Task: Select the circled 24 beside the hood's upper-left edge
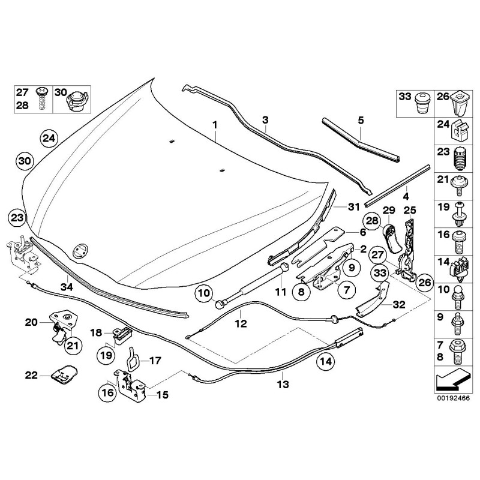pyautogui.click(x=49, y=139)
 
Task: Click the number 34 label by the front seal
pyautogui.click(x=66, y=287)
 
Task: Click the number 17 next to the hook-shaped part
pyautogui.click(x=155, y=361)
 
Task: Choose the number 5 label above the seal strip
pyautogui.click(x=361, y=120)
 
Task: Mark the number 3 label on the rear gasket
pyautogui.click(x=265, y=120)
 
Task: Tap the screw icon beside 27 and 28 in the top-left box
pyautogui.click(x=43, y=97)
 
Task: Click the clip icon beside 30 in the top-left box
pyautogui.click(x=77, y=99)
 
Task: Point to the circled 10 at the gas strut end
pyautogui.click(x=204, y=293)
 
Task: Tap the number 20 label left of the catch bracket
pyautogui.click(x=31, y=322)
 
